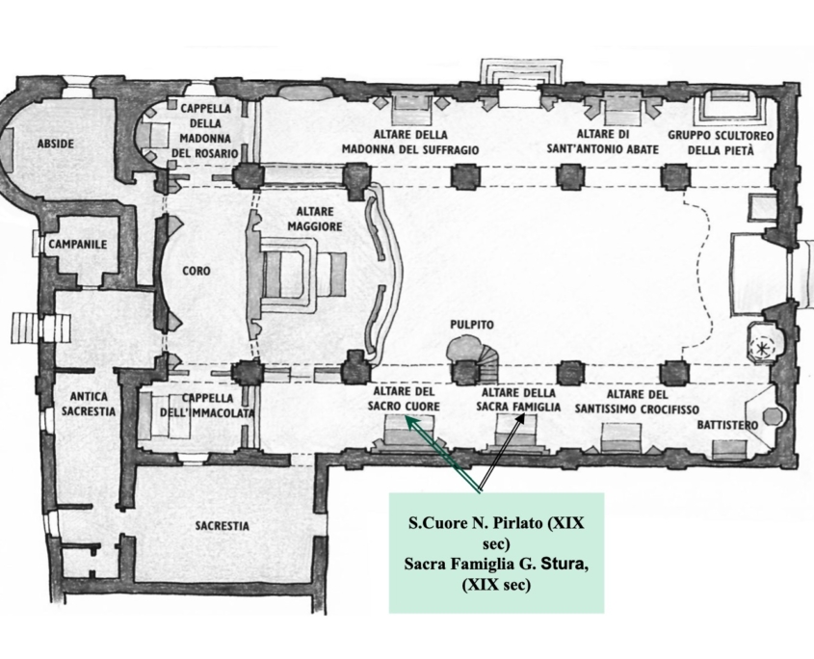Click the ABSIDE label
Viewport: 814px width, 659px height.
[x=56, y=144]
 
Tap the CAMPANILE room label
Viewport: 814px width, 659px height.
[x=78, y=244]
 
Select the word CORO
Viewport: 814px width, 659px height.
[x=197, y=271]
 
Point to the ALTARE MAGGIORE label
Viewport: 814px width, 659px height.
[x=315, y=219]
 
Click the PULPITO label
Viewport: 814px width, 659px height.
[x=472, y=325]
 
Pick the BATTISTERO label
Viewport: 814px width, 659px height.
[x=727, y=425]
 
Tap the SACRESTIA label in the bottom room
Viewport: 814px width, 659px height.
[x=223, y=525]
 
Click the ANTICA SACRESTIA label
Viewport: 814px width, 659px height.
[x=89, y=404]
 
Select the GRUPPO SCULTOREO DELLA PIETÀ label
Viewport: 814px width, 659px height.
[x=721, y=143]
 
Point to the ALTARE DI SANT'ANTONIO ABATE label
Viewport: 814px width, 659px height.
[x=603, y=142]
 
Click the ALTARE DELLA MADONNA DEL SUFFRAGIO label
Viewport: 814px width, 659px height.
[x=410, y=143]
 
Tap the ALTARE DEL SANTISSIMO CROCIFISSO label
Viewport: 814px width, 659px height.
[x=637, y=402]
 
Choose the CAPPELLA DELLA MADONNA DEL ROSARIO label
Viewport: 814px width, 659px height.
[x=205, y=131]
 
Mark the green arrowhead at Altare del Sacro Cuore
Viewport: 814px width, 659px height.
[x=410, y=423]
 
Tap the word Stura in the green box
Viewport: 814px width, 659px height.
[x=563, y=564]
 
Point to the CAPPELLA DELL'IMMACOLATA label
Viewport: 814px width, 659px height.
[x=207, y=406]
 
